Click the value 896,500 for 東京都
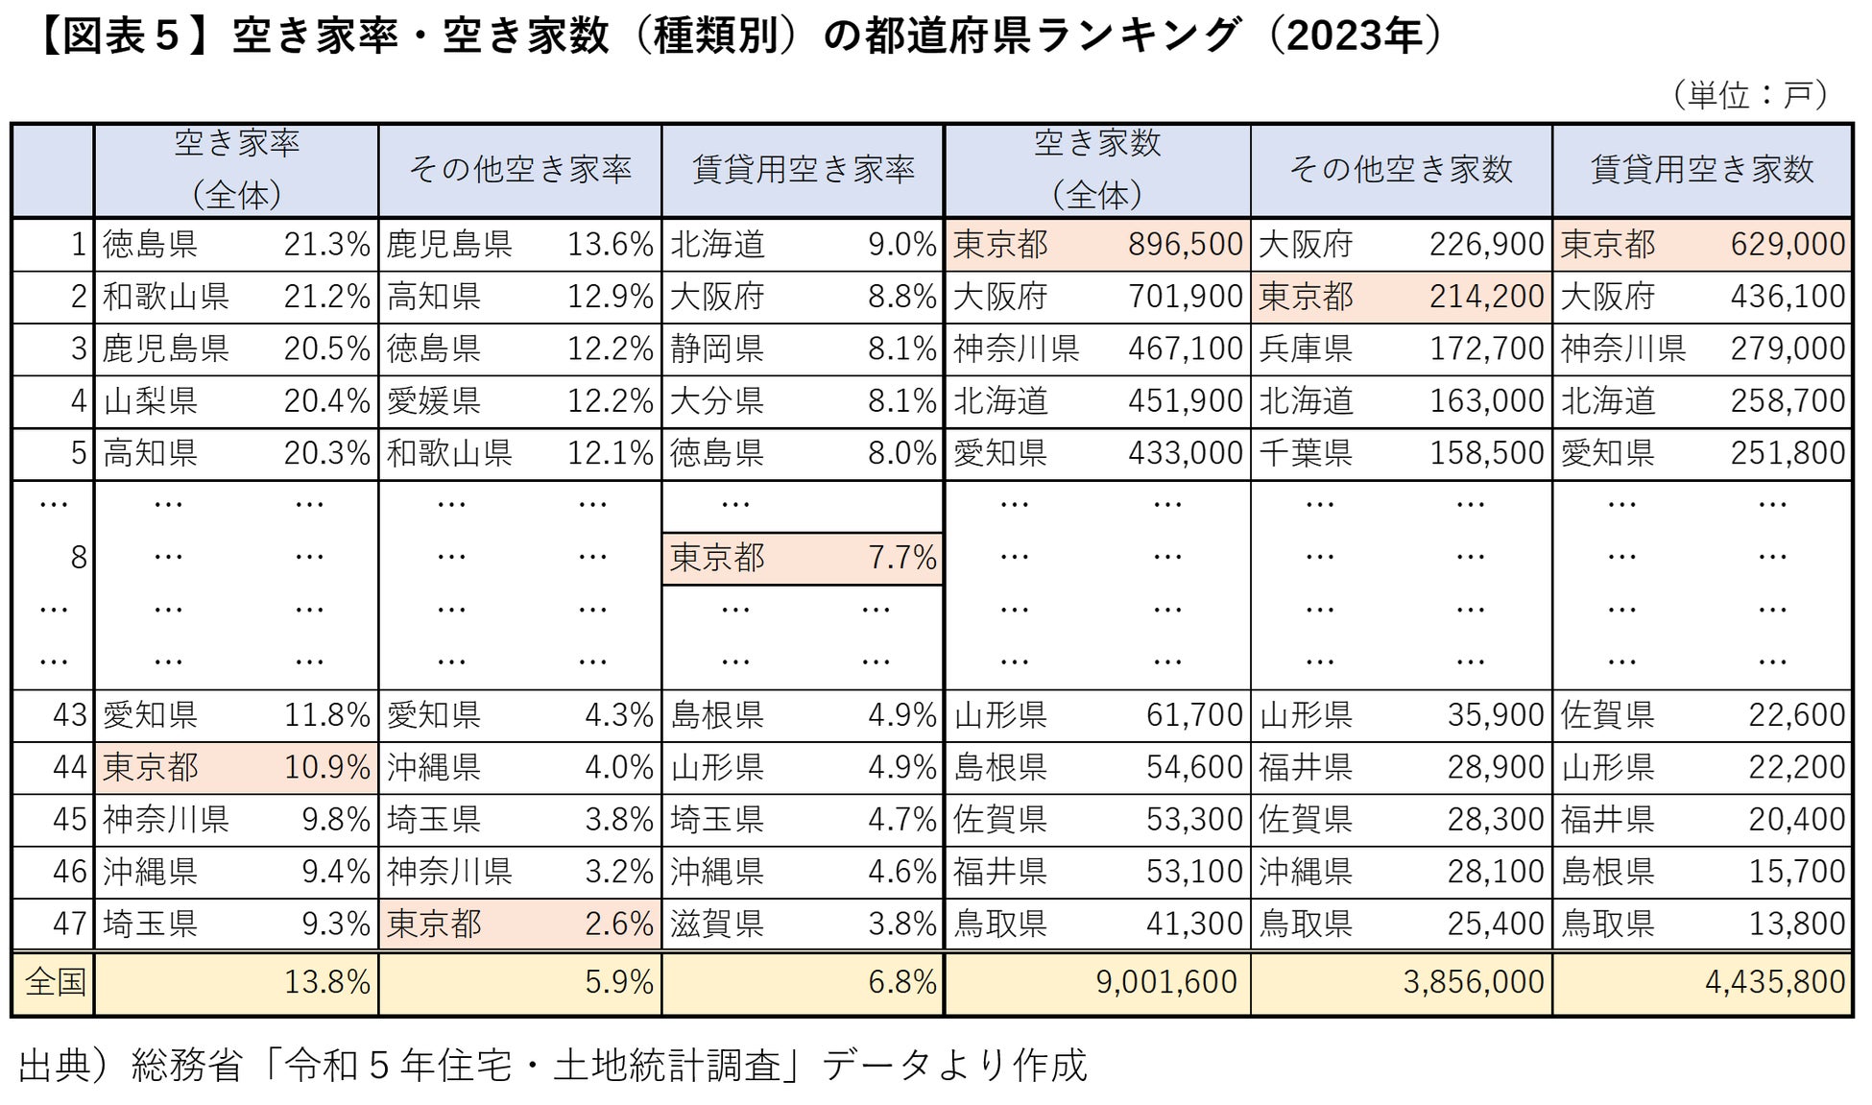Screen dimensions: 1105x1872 pos(1185,245)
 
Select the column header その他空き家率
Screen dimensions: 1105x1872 pos(519,170)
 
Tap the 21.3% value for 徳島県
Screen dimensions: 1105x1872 pos(326,245)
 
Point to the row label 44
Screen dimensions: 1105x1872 pos(69,767)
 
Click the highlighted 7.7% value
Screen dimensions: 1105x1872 pos(901,558)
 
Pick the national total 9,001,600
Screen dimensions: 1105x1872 pos(1165,981)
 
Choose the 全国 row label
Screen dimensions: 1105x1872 pos(55,981)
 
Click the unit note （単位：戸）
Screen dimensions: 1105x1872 pos(1749,95)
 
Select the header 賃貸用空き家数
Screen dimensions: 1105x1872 pos(1701,170)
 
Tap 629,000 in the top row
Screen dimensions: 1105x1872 pos(1787,245)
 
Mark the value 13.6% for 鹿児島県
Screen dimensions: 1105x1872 pos(610,245)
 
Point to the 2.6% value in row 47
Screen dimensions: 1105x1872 pos(618,924)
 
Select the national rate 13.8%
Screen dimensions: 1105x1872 pos(326,981)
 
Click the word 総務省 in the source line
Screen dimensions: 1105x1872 pos(186,1065)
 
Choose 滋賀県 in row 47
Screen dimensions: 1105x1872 pos(717,924)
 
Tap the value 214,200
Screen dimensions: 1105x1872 pos(1486,297)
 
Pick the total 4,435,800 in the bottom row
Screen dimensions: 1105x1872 pos(1774,981)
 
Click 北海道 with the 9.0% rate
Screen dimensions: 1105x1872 pos(717,245)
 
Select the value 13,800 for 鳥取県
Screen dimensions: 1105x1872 pos(1796,924)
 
